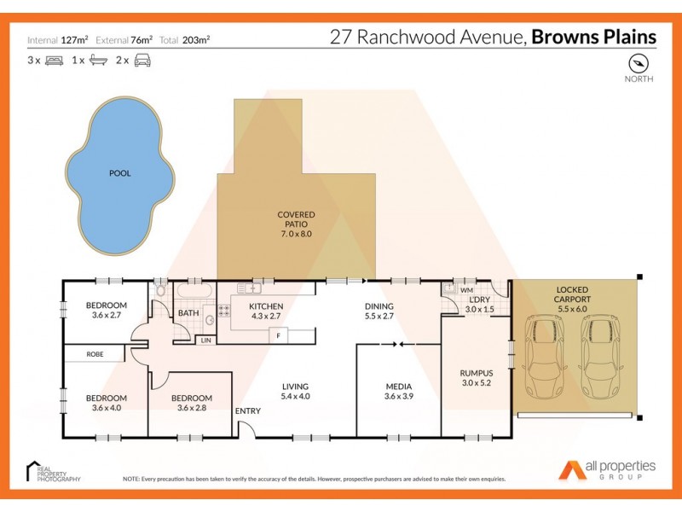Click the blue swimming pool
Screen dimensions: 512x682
[x=119, y=172]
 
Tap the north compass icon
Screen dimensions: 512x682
[x=639, y=63]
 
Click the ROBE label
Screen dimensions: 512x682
[x=95, y=352]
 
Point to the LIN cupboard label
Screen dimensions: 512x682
[x=205, y=340]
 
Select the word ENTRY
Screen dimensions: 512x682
[x=248, y=411]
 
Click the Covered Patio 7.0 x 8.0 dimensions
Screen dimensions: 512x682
[x=296, y=234]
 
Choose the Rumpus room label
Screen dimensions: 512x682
[x=477, y=373]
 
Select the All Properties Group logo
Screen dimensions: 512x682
[x=607, y=470]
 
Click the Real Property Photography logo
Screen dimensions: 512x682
[x=53, y=472]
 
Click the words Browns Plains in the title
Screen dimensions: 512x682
[x=594, y=37]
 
